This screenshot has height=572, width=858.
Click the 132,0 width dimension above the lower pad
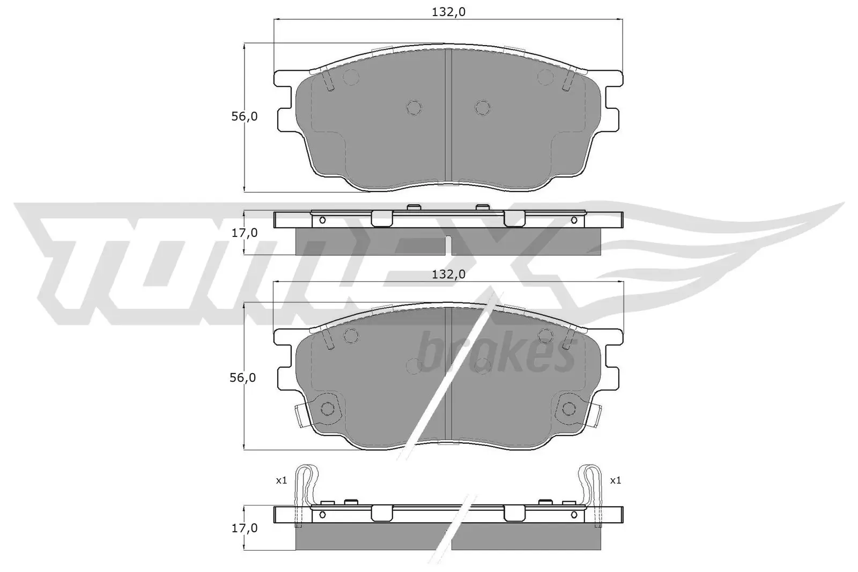point(448,274)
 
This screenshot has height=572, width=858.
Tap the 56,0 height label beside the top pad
point(245,116)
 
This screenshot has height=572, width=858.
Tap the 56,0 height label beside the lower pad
point(242,377)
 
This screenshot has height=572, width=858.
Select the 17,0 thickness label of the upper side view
point(245,233)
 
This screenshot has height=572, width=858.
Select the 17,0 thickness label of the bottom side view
point(245,528)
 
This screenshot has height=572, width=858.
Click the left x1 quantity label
point(282,480)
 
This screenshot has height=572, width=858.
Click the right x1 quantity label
point(615,480)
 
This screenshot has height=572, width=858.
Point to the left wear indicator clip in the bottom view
point(305,485)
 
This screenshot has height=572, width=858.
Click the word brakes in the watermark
point(496,354)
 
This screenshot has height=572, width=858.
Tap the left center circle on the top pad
point(415,108)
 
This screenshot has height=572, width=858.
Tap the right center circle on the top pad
point(483,108)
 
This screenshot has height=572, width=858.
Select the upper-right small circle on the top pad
point(545,77)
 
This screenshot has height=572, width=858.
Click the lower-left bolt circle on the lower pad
point(327,408)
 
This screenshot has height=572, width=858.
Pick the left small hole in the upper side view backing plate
point(322,220)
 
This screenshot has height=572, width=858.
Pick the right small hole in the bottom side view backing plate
point(574,515)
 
